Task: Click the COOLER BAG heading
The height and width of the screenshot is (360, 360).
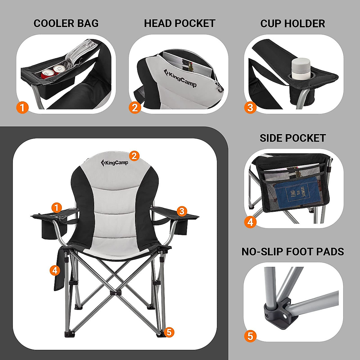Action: tap(66, 23)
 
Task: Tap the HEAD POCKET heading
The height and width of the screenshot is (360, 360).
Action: tap(180, 23)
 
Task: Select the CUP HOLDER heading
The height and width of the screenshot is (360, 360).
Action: tap(292, 23)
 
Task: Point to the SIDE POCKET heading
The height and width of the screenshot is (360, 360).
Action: tap(292, 138)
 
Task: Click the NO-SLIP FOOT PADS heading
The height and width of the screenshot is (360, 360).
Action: tap(292, 251)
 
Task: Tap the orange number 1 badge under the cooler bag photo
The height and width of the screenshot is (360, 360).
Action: tap(22, 107)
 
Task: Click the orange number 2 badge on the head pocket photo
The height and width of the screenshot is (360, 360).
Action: tap(135, 107)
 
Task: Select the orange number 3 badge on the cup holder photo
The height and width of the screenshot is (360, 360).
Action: tap(250, 107)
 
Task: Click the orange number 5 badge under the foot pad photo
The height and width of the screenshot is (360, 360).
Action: tap(250, 336)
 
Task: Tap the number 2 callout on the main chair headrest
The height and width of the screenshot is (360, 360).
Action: tap(134, 156)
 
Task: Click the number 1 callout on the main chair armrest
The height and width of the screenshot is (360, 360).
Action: tap(56, 207)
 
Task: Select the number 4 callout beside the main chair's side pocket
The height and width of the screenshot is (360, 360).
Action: tap(55, 270)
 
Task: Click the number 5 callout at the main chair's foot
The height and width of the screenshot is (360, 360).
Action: tap(169, 332)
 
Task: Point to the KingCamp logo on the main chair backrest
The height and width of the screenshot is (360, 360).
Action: tap(115, 163)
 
